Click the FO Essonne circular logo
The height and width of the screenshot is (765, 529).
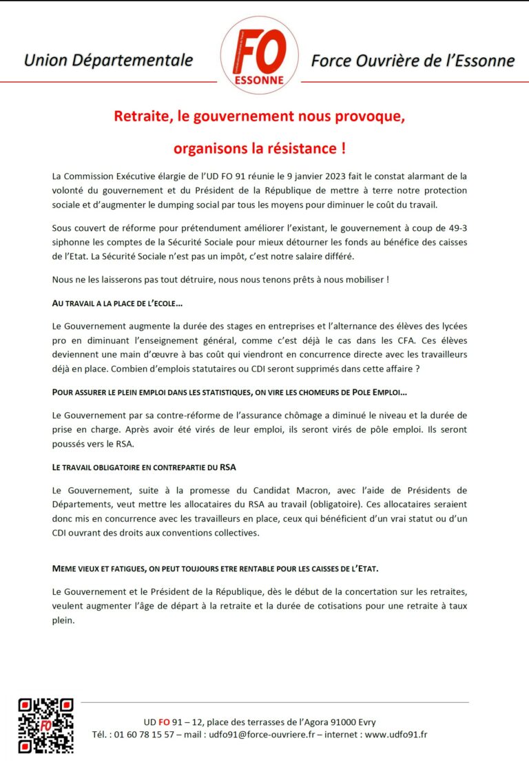click(x=259, y=55)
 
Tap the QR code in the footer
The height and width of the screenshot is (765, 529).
click(x=45, y=725)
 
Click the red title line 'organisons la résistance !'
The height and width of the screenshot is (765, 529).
click(x=260, y=148)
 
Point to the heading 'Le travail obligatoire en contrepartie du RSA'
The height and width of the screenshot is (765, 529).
click(x=144, y=467)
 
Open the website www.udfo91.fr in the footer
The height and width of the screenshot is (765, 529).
click(x=396, y=735)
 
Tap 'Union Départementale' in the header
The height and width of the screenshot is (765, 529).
click(x=108, y=61)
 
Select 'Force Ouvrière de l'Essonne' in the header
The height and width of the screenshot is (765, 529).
click(x=413, y=61)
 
